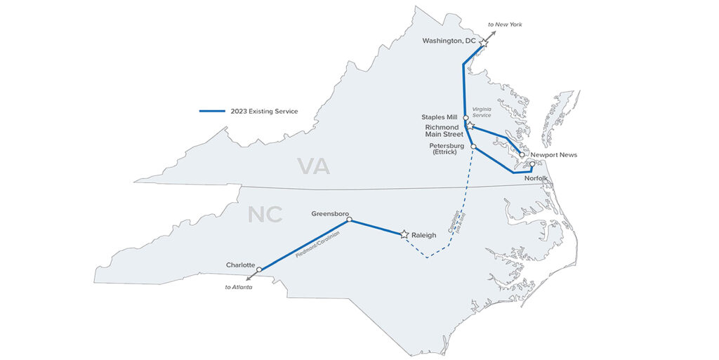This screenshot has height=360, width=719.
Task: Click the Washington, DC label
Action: [x=449, y=41]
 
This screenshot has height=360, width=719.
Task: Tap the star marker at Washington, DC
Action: [x=484, y=43]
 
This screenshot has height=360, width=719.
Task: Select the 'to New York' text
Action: [x=506, y=25]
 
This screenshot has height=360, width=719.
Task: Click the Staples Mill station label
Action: [x=440, y=117]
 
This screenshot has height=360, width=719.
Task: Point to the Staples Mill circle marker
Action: [x=466, y=117]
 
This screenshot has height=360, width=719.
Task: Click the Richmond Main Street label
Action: [x=444, y=131]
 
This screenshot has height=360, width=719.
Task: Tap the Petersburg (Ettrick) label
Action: [x=447, y=149]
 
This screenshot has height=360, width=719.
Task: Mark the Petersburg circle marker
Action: [x=474, y=147]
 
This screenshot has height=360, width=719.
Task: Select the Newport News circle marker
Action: [x=522, y=154]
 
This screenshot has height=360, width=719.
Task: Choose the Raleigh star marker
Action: [x=404, y=234]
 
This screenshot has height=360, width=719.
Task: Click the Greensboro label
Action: [x=330, y=213]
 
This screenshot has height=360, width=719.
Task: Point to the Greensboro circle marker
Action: [x=349, y=220]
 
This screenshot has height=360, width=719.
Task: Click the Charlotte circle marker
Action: [x=259, y=269]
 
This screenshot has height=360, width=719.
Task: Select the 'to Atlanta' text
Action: [x=239, y=287]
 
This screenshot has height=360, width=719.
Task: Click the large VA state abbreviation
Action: [x=313, y=166]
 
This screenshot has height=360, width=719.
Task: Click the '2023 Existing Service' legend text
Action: [x=264, y=111]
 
